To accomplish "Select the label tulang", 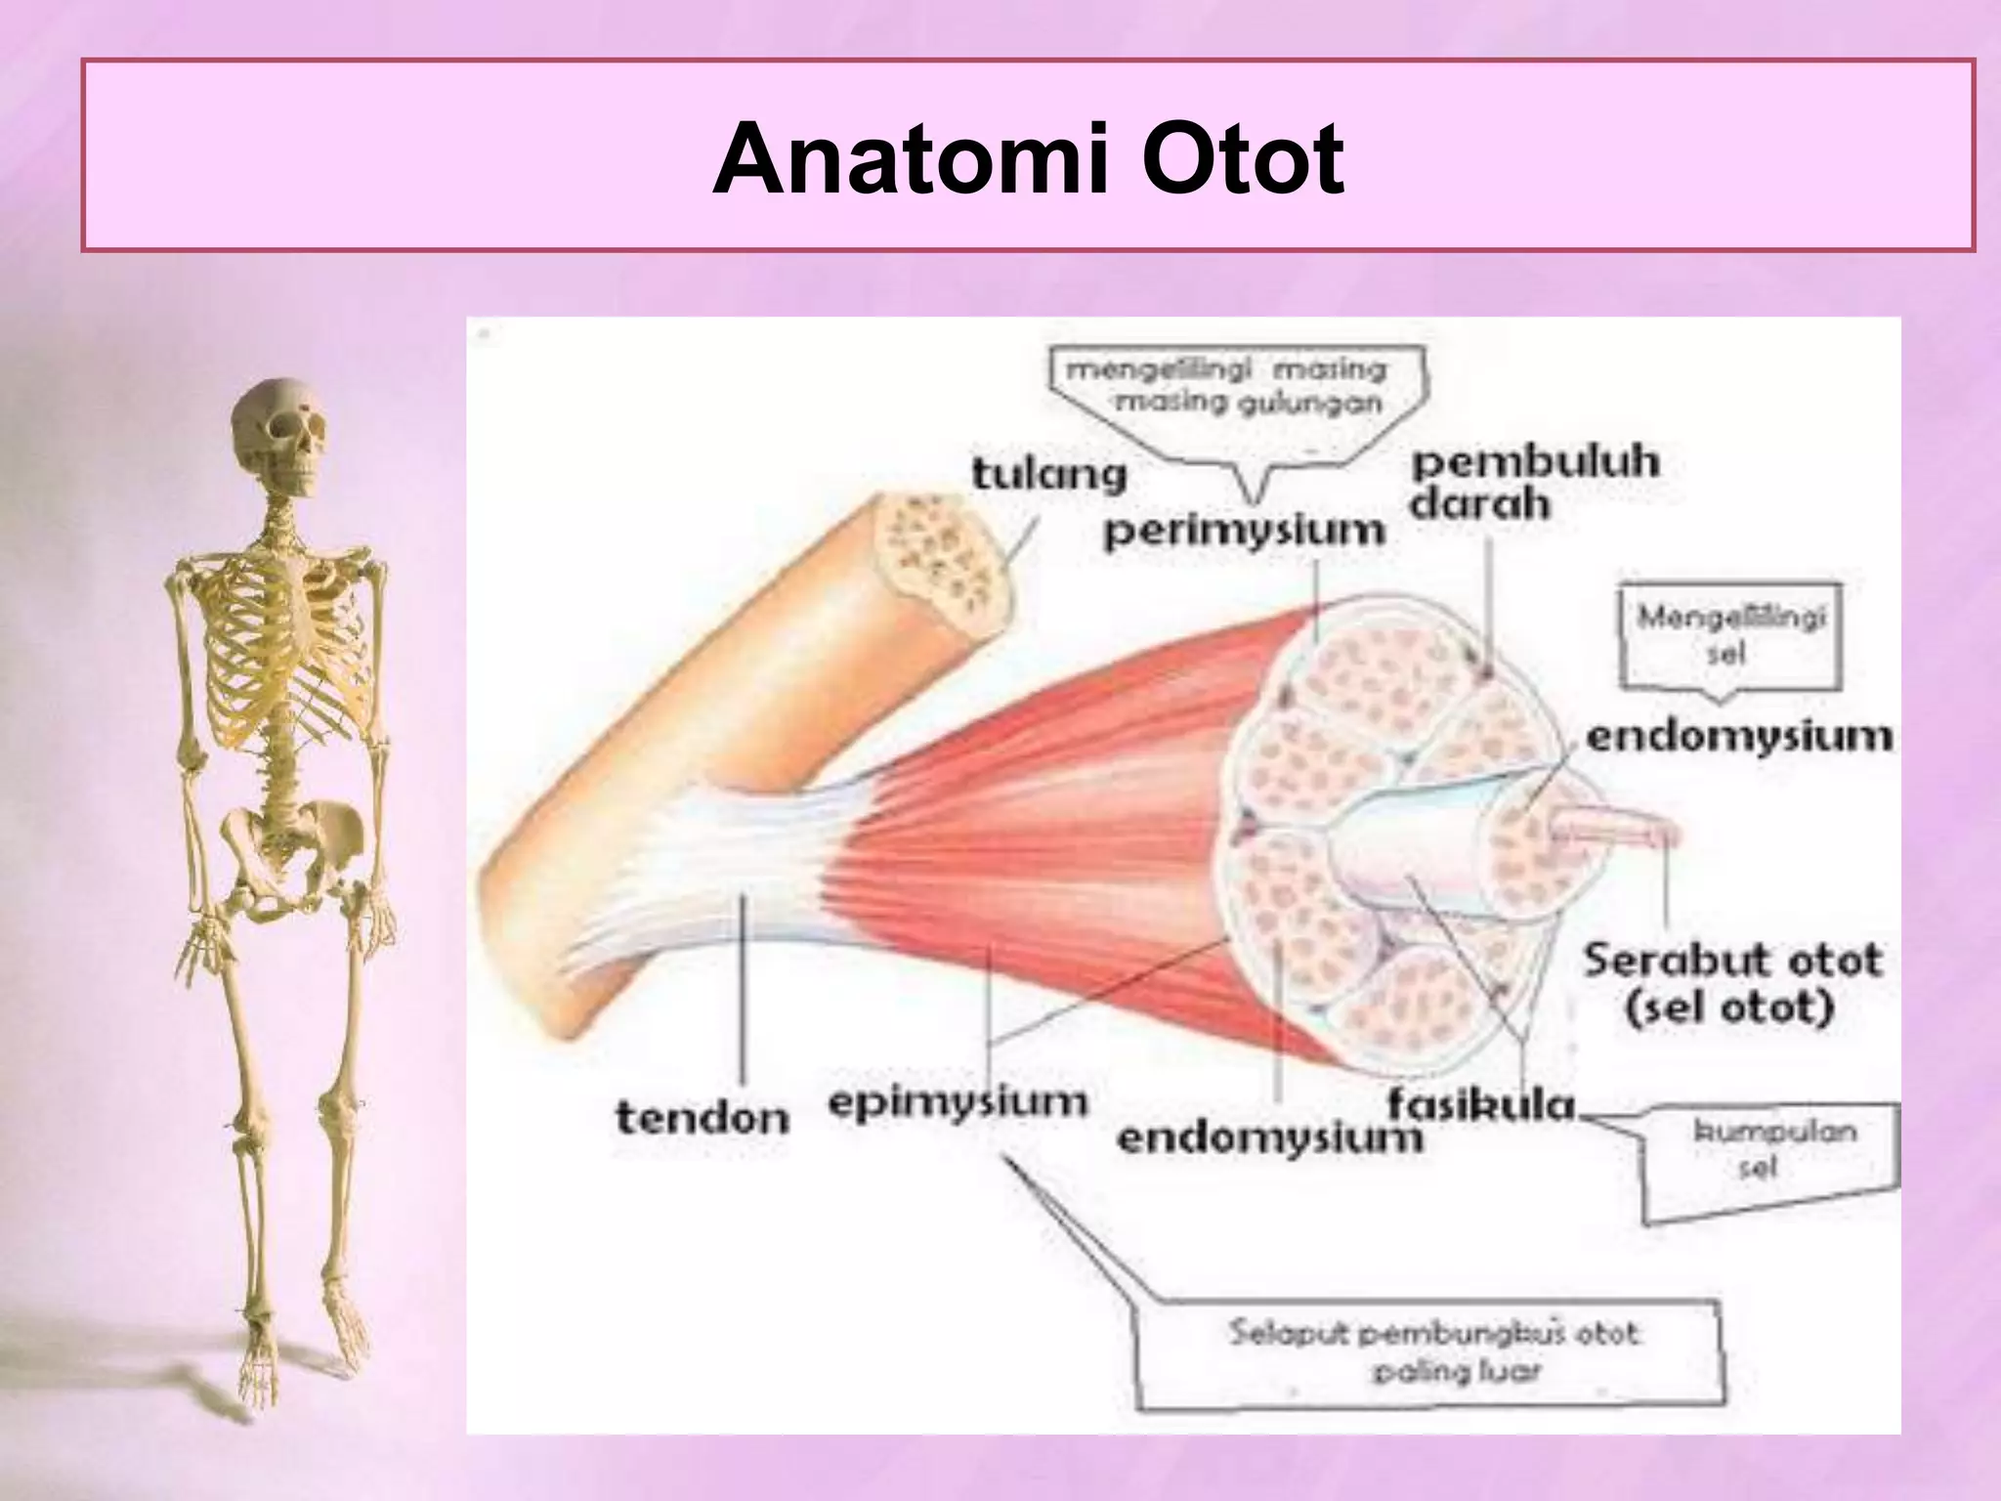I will (1048, 476).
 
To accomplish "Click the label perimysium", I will (1244, 533).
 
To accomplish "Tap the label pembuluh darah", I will (1534, 485).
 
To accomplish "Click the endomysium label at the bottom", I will (1268, 1138).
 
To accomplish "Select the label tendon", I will (702, 1116).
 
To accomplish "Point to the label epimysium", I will (958, 1102).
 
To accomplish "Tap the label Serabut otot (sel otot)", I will (1731, 983).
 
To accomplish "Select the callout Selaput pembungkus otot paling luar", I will (1431, 1351).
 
